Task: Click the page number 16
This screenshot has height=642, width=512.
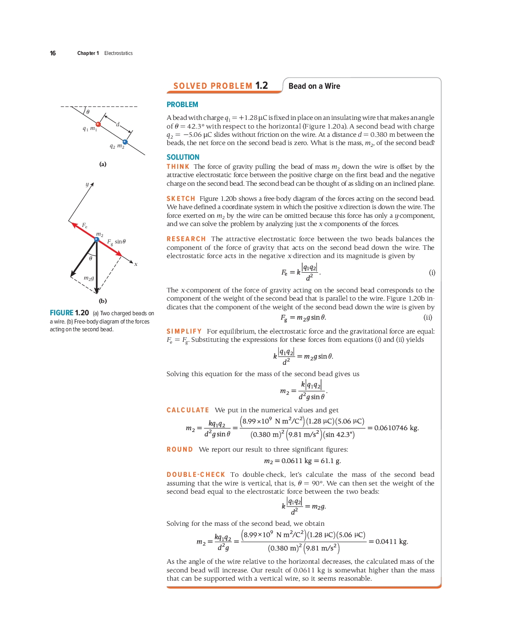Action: pos(53,53)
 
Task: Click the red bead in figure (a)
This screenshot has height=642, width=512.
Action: pos(98,124)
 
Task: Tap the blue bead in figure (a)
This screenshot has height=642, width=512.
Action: pos(125,142)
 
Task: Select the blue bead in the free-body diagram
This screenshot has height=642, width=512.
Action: pos(97,239)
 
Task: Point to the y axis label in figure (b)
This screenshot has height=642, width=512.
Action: pos(87,184)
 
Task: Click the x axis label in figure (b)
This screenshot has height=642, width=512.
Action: pos(136,264)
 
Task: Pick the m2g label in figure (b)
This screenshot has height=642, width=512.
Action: pos(89,278)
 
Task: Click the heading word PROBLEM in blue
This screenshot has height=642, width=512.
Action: pos(182,105)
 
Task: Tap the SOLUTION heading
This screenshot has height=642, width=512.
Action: pos(183,157)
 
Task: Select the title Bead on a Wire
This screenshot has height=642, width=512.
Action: pos(314,86)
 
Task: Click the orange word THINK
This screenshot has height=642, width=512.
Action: pos(178,167)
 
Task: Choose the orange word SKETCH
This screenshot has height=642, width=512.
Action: pos(180,199)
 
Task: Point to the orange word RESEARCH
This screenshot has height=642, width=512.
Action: pos(186,239)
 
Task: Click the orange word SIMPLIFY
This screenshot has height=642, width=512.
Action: pos(184,331)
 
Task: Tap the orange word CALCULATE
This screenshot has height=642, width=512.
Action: pos(187,410)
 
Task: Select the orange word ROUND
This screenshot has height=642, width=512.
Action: pos(180,449)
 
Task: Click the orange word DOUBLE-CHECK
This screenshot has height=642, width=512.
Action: pos(196,475)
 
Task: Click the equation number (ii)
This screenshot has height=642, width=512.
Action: pos(428,317)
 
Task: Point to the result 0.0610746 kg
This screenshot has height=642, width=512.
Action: pos(396,428)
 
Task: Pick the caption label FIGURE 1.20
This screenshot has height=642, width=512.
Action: pos(69,313)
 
